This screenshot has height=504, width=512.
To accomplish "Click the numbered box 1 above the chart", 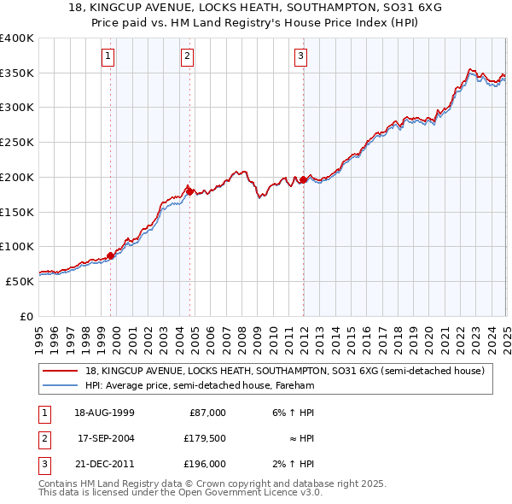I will [x=108, y=57].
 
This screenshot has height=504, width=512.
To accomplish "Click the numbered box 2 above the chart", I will [x=187, y=57].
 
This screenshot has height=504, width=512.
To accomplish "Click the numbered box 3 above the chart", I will [x=301, y=57].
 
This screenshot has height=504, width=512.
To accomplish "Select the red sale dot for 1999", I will [x=111, y=255].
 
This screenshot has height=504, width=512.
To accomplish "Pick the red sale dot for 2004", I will [x=189, y=190].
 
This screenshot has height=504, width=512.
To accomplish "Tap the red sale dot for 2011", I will [x=304, y=179].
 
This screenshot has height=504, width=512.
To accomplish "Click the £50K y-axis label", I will [x=20, y=281].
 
